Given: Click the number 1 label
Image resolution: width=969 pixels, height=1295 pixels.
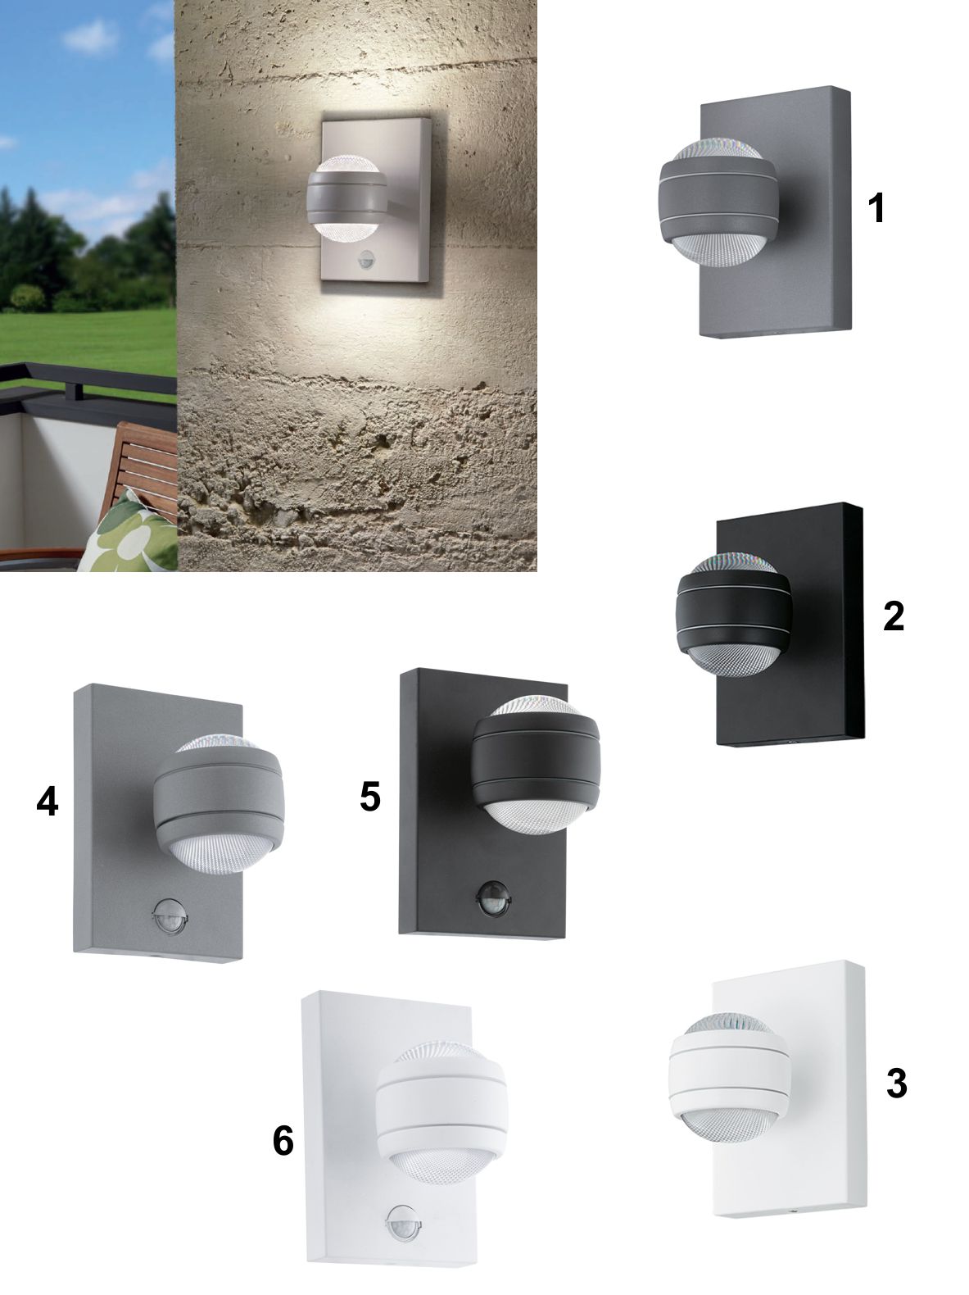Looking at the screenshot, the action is click(x=876, y=208).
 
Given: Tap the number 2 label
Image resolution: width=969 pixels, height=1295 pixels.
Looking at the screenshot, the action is click(x=893, y=616).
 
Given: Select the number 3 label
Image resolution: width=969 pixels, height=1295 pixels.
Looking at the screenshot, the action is click(x=896, y=1084).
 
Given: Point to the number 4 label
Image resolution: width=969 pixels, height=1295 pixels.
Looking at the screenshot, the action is click(x=48, y=802).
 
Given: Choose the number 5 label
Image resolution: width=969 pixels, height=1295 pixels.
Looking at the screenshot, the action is click(x=369, y=797).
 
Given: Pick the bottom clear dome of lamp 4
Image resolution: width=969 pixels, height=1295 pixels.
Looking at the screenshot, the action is click(x=222, y=853).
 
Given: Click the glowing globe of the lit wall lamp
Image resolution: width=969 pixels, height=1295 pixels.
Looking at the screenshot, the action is click(x=346, y=197).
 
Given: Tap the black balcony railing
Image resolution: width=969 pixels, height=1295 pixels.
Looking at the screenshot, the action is click(x=88, y=384).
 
